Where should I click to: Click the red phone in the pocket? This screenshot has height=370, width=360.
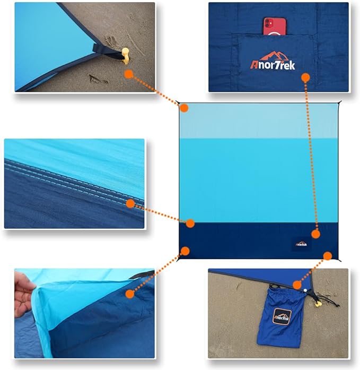[274, 26]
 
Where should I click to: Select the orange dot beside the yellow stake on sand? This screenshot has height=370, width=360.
[128, 74]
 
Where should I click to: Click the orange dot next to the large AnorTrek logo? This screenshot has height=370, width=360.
[305, 78]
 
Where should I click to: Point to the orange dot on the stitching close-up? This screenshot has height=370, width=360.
[130, 203]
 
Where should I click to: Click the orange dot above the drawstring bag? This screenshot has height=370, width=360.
[297, 285]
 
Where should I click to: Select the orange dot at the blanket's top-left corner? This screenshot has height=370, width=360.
[184, 108]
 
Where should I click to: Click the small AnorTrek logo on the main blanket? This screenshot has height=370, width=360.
[302, 244]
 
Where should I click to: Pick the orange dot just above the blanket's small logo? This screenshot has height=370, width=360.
[316, 234]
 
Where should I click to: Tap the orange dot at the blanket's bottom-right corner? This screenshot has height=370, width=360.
[327, 256]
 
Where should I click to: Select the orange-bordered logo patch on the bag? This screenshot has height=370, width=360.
[282, 317]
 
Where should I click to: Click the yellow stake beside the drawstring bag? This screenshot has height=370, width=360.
[318, 304]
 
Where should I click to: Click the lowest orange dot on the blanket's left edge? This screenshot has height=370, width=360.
[185, 250]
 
